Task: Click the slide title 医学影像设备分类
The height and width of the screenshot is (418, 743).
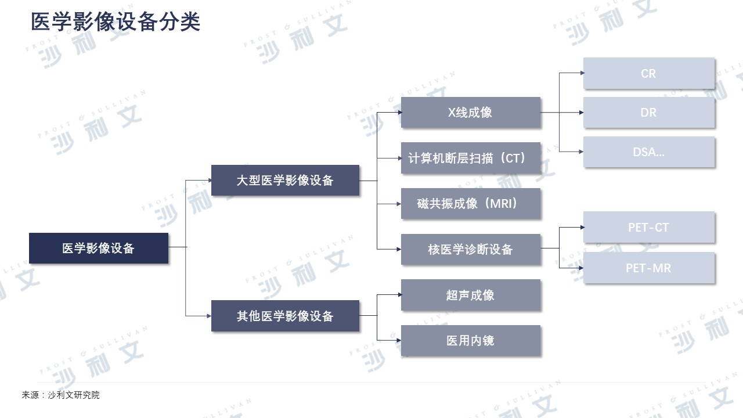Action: coord(116,22)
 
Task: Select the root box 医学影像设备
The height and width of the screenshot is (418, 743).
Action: coord(99,248)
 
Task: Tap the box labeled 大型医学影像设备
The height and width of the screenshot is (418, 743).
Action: coord(285,180)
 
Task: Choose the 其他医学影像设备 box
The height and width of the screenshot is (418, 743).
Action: coord(285,315)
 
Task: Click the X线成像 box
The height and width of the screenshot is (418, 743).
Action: coord(471,112)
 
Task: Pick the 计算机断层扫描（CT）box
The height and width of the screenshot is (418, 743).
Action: coord(471,158)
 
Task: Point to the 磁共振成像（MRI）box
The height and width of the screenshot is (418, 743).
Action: coord(471,203)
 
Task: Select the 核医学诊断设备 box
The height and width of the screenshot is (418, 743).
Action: coord(471,249)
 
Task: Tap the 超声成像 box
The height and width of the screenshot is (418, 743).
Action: coord(471,295)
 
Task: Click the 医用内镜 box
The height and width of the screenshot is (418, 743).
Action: coord(471,340)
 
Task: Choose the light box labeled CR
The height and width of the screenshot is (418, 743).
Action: coord(649,73)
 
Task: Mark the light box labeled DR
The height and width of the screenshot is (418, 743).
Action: coord(649,112)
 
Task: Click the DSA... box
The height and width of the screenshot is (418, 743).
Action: coord(649,152)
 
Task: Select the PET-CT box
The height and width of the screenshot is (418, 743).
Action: coord(649,227)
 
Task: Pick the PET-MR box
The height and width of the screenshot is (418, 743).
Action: coord(649,268)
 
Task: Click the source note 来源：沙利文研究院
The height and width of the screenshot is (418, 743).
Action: coord(61,395)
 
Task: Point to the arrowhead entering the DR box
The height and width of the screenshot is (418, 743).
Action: coord(581,113)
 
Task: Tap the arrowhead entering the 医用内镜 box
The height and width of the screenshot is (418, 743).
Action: coord(399,340)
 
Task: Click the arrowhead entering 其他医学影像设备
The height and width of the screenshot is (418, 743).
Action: coord(209,316)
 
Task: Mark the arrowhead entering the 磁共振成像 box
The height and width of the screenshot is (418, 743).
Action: coord(399,204)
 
